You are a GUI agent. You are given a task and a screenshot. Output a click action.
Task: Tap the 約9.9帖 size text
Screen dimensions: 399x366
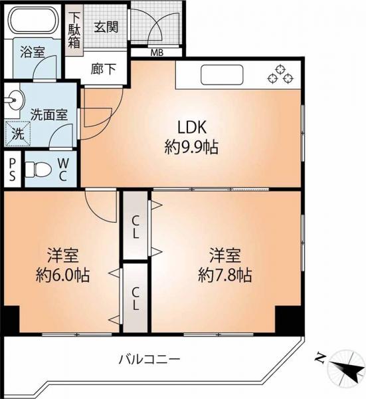point(191,147)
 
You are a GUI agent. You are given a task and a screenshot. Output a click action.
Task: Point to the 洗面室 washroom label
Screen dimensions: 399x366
point(48,114)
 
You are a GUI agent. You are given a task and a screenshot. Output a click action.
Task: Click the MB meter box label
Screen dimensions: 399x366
point(157,53)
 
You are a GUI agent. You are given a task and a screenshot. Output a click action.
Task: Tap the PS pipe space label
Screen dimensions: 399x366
point(12,172)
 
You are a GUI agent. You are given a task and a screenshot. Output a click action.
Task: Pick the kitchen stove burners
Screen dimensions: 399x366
point(280,74)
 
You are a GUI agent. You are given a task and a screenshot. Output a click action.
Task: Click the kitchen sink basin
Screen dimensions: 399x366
point(223,75)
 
